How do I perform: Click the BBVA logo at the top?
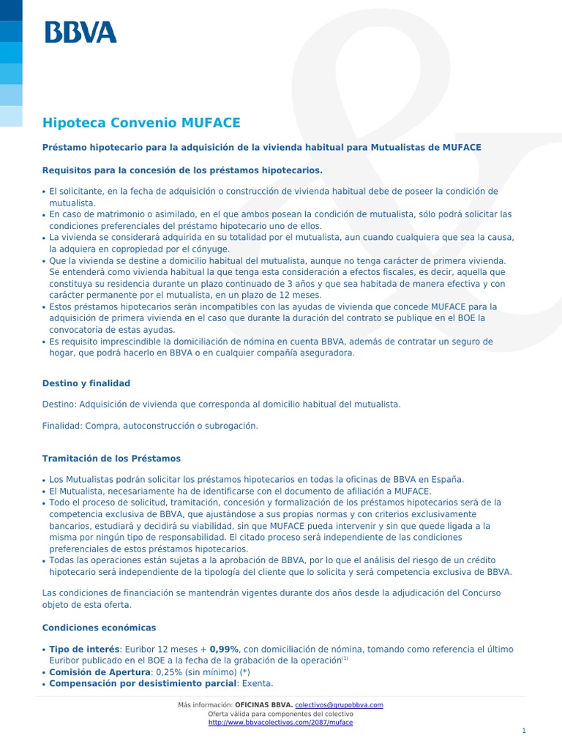80,31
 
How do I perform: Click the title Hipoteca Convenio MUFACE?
141,122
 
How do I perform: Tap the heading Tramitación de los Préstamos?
111,459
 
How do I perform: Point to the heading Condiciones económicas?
99,628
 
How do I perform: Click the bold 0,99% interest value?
225,649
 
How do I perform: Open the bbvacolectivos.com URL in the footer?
280,722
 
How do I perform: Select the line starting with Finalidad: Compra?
150,425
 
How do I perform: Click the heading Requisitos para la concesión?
182,170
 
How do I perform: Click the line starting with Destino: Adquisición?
221,404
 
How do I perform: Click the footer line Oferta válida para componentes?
280,713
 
